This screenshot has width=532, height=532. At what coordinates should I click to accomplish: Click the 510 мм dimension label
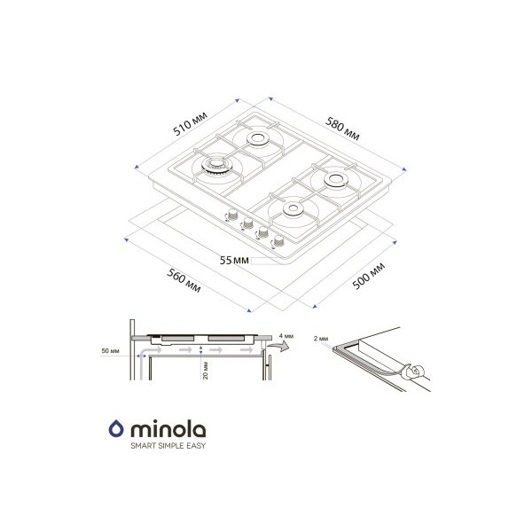190,124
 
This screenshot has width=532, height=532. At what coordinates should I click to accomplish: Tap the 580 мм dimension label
342,129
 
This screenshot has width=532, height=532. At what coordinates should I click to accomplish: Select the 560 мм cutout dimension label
184,280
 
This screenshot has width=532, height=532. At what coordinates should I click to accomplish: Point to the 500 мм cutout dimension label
369,276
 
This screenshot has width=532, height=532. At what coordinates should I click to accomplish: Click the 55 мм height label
234,260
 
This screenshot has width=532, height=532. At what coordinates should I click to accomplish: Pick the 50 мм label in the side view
110,351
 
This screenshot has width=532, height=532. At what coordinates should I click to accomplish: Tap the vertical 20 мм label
206,371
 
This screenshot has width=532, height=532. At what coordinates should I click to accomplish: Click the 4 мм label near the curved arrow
286,336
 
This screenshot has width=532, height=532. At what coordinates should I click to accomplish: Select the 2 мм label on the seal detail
321,339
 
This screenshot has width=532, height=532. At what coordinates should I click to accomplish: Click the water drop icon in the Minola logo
116,428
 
